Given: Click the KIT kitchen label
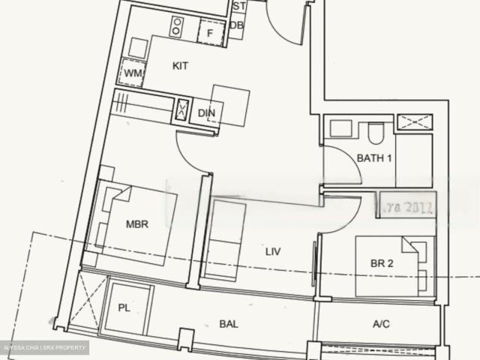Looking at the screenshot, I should (x=180, y=66).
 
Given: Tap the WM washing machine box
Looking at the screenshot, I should (x=133, y=73).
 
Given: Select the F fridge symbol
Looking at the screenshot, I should (x=211, y=32).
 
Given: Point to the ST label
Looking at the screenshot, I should (x=238, y=7).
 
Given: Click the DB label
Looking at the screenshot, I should (x=237, y=25).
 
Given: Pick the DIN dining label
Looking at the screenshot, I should (x=206, y=113).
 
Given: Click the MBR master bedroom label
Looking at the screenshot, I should (x=136, y=223).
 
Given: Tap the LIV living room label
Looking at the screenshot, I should (x=273, y=252).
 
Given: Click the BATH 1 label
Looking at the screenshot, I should (x=374, y=158).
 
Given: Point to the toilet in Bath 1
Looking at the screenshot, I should (x=376, y=133).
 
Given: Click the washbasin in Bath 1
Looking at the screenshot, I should (x=341, y=128).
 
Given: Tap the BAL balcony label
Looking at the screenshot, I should (x=229, y=324).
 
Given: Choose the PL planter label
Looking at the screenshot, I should (x=124, y=307).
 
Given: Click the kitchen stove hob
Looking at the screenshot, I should (x=177, y=27).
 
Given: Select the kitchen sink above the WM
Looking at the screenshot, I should (x=137, y=47).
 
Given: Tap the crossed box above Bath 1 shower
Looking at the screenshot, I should (x=414, y=122).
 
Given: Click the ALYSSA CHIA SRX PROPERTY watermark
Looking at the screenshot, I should (x=45, y=347).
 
